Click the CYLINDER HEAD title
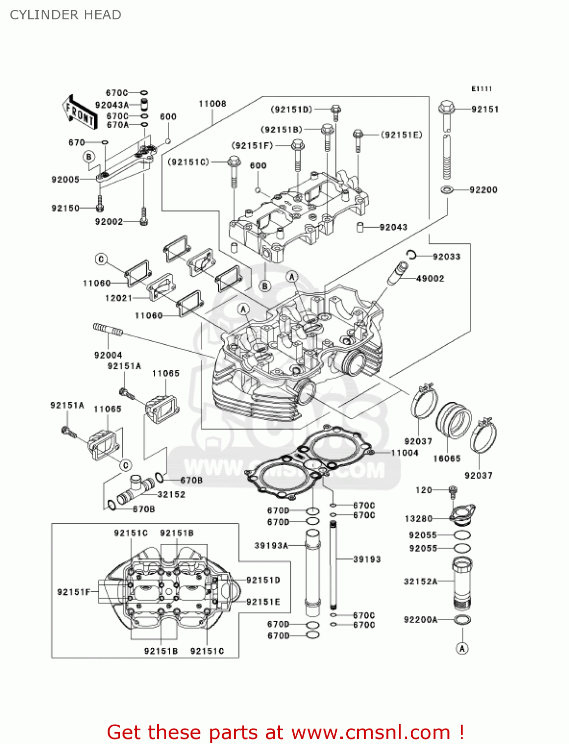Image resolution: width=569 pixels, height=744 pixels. click(x=65, y=15)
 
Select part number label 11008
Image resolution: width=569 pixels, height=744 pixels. click(x=212, y=104)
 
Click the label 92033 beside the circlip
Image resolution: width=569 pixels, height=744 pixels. click(x=446, y=256)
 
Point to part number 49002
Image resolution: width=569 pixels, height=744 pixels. click(x=430, y=278)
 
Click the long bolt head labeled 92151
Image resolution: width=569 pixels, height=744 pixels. click(x=446, y=108)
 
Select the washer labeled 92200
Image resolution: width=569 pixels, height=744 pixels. click(x=446, y=189)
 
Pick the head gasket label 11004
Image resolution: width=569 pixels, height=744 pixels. click(x=405, y=452)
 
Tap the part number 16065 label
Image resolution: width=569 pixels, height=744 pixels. click(x=447, y=459)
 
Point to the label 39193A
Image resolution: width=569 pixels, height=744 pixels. click(x=271, y=546)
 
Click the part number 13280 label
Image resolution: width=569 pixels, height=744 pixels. click(x=419, y=518)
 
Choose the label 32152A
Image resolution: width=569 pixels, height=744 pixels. click(x=421, y=581)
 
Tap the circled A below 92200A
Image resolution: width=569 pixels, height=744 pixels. click(x=462, y=648)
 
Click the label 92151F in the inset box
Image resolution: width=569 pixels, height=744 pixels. click(x=74, y=592)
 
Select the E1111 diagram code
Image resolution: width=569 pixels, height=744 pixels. click(x=481, y=89)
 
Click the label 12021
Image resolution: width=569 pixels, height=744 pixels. click(x=119, y=298)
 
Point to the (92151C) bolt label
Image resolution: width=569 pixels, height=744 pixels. click(x=189, y=162)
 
